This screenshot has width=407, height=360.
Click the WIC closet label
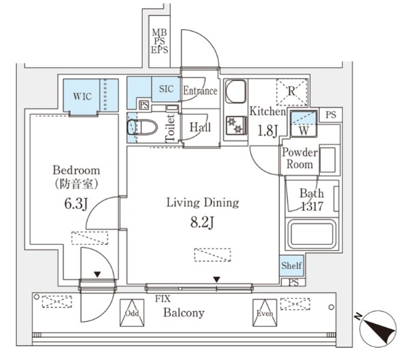click(82, 97)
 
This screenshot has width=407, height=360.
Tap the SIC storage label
click(166, 88)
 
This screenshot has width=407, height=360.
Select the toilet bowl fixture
click(142, 127)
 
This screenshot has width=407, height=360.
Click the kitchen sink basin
click(235, 92)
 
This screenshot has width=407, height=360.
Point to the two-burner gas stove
click(236, 126)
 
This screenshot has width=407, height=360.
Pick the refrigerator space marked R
click(292, 92)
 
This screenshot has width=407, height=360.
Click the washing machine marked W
click(304, 124)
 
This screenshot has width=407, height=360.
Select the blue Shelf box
click(291, 265)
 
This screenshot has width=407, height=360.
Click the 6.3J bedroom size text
click(76, 203)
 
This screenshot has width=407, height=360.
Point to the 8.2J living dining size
click(202, 223)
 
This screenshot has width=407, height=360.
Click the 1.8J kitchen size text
click(267, 131)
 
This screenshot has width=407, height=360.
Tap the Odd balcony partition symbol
click(132, 313)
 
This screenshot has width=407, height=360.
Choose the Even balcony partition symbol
click(265, 313)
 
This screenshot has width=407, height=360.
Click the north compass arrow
click(379, 328)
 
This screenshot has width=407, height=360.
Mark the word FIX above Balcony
click(163, 299)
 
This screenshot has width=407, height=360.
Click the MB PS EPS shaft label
click(159, 41)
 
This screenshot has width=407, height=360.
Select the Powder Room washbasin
click(327, 160)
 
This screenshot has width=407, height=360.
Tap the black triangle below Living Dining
click(216, 280)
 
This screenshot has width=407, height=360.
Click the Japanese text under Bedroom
click(76, 184)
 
